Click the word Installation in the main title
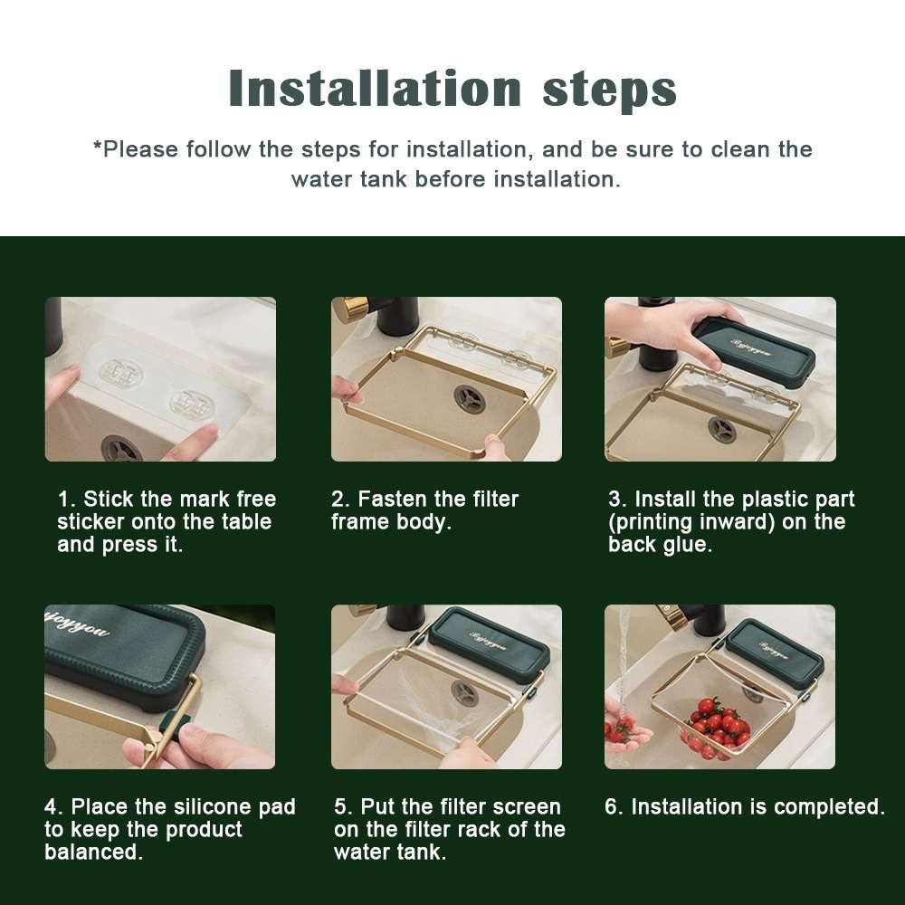click(375, 89)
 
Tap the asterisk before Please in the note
click(97, 148)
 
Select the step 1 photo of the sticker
click(160, 379)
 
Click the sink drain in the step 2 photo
click(469, 399)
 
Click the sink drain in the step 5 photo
click(464, 693)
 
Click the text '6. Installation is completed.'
click(744, 806)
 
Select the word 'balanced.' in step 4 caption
click(94, 853)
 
